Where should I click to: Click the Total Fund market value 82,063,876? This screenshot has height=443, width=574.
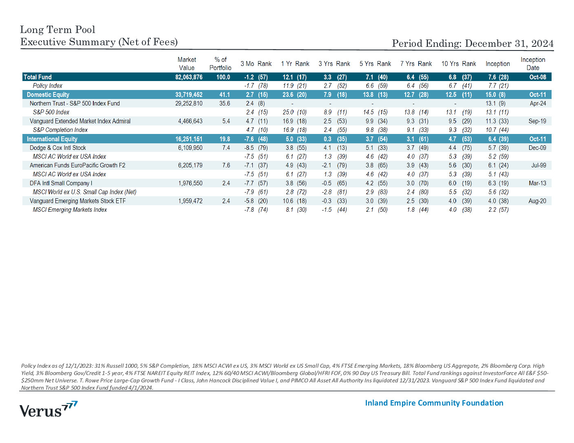tap(189, 77)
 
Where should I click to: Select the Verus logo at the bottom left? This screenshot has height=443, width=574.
tap(49, 409)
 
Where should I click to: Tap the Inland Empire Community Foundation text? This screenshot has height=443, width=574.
tap(434, 403)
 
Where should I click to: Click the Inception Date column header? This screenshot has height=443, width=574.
tap(533, 64)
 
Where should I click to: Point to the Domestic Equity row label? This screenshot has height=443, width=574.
tap(48, 95)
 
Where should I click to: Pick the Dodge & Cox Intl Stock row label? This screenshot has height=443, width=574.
tap(57, 148)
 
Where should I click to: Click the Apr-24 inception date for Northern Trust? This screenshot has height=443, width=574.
tap(538, 103)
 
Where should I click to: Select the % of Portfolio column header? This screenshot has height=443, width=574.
tap(220, 64)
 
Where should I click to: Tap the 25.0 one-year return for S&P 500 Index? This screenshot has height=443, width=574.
tap(288, 112)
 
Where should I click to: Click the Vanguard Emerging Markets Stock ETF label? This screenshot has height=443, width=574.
tap(77, 201)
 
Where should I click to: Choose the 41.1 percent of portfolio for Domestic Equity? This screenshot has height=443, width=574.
tap(225, 95)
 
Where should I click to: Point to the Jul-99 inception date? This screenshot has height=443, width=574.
tap(539, 165)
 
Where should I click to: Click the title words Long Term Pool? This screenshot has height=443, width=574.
tap(57, 30)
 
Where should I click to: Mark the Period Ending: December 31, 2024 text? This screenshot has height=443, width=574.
tap(472, 44)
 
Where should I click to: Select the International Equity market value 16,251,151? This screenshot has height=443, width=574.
tap(189, 139)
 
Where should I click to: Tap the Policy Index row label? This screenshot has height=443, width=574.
tap(48, 86)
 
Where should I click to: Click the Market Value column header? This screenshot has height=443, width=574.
tap(186, 64)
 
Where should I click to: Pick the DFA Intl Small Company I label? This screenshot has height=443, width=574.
tap(61, 183)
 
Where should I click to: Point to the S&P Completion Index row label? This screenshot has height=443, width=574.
tap(60, 130)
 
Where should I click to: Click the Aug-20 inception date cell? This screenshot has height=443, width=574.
tap(537, 201)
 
